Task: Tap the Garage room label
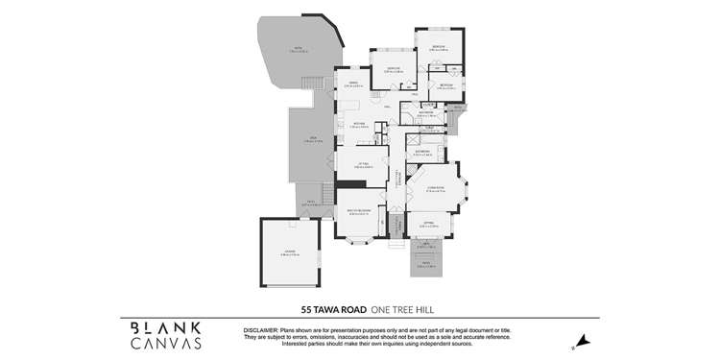(291, 253)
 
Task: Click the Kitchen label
(358, 126)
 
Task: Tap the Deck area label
(309, 140)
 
